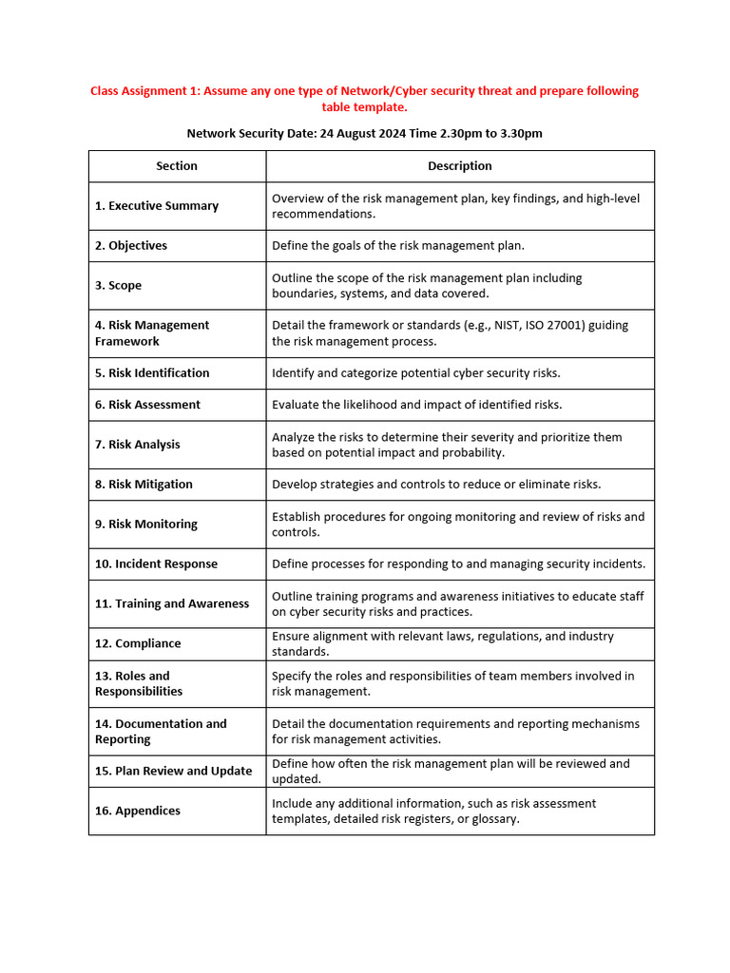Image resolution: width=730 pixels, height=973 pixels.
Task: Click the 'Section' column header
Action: coord(177,165)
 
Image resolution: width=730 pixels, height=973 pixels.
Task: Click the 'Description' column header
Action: coord(459,165)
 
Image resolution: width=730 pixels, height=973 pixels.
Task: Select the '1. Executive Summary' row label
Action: coord(157,205)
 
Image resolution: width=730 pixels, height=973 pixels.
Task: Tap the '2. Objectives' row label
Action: coord(131,245)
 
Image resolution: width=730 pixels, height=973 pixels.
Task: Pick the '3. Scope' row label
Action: coord(118,285)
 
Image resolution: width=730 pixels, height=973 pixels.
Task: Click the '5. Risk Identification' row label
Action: coord(152,372)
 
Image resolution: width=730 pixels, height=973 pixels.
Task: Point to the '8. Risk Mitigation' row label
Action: coord(144,484)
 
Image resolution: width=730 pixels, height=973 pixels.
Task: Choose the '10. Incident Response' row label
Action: coord(156,563)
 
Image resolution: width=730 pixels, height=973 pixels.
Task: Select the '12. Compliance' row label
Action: coord(138,643)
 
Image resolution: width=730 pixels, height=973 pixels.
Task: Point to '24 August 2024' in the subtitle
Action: coord(362,133)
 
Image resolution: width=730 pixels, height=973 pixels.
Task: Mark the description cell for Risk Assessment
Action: coord(417,405)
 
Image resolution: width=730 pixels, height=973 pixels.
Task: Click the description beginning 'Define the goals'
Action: coord(398,245)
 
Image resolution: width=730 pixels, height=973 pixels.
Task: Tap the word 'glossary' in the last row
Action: coord(494,819)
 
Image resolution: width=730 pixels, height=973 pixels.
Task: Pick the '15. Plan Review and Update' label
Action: coord(174,771)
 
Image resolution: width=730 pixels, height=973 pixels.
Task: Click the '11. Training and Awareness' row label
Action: coord(172,603)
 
